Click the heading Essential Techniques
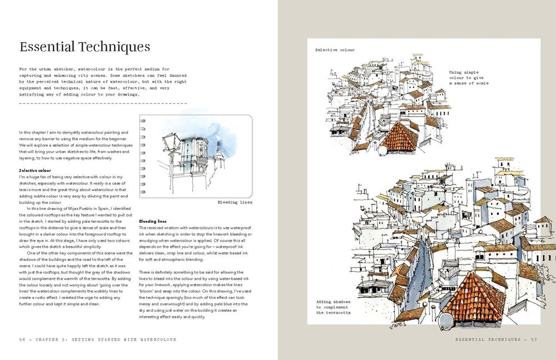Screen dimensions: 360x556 [x=85, y=46]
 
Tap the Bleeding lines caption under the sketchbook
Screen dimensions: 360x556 [x=235, y=202]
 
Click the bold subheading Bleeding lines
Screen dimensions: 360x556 [x=152, y=221]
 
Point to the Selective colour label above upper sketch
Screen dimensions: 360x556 [x=335, y=50]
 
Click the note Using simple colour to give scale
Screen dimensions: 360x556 [x=469, y=77]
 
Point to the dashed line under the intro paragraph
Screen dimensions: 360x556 [x=103, y=103]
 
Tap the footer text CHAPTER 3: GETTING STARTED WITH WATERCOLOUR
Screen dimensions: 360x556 [x=106, y=339]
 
